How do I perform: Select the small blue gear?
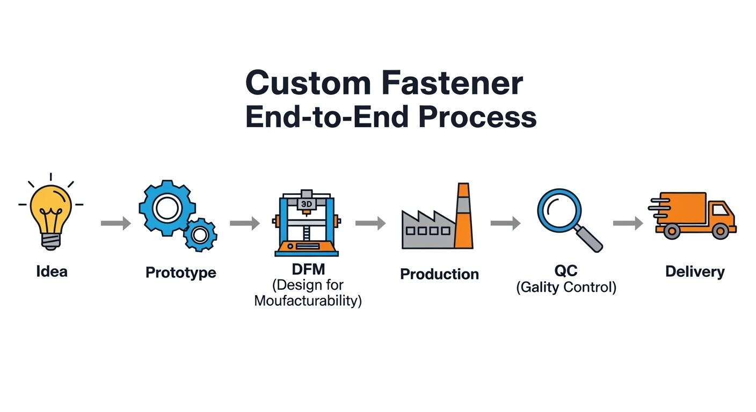point(200,234)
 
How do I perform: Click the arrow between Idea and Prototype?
point(115,223)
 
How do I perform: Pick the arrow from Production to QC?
point(505,223)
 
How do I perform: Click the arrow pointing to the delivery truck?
point(628,223)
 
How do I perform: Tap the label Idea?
point(52,271)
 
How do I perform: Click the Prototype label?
point(181,273)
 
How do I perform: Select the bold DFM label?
point(307,269)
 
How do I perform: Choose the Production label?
point(439,274)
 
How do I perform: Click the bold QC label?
point(565,271)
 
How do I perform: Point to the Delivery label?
point(695,271)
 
